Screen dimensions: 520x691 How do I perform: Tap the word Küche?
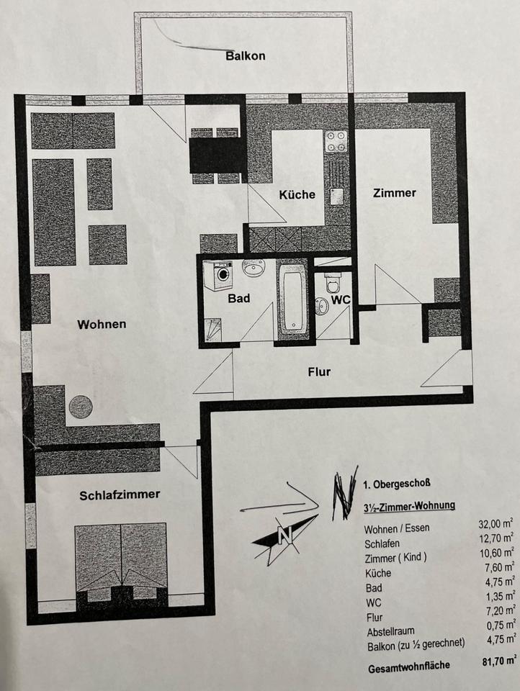[x=297, y=194]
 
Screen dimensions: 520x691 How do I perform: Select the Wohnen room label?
[x=102, y=324]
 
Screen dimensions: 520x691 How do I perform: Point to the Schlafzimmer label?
[x=120, y=494]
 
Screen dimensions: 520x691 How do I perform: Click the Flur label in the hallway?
[x=318, y=371]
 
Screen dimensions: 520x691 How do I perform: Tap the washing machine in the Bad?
[x=219, y=276]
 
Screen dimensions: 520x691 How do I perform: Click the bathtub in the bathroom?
[x=293, y=299]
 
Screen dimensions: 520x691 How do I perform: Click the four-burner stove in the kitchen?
[x=336, y=142]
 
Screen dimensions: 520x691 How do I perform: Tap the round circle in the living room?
[x=81, y=407]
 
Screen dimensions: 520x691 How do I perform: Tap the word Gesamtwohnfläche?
[x=408, y=665]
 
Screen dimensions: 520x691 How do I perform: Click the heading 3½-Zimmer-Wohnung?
[x=409, y=506]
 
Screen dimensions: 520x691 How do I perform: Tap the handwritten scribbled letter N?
[x=345, y=497]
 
